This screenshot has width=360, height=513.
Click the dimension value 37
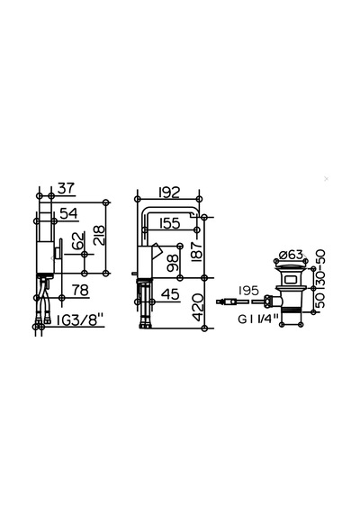[67, 188]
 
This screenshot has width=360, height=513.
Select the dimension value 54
[69, 213]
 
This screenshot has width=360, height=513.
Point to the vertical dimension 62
[78, 241]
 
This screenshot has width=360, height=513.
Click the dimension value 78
[80, 290]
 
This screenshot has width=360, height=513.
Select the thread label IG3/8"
[80, 319]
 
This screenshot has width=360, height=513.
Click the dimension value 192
[169, 193]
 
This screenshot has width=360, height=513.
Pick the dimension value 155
[169, 223]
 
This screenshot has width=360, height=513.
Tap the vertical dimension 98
[173, 263]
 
